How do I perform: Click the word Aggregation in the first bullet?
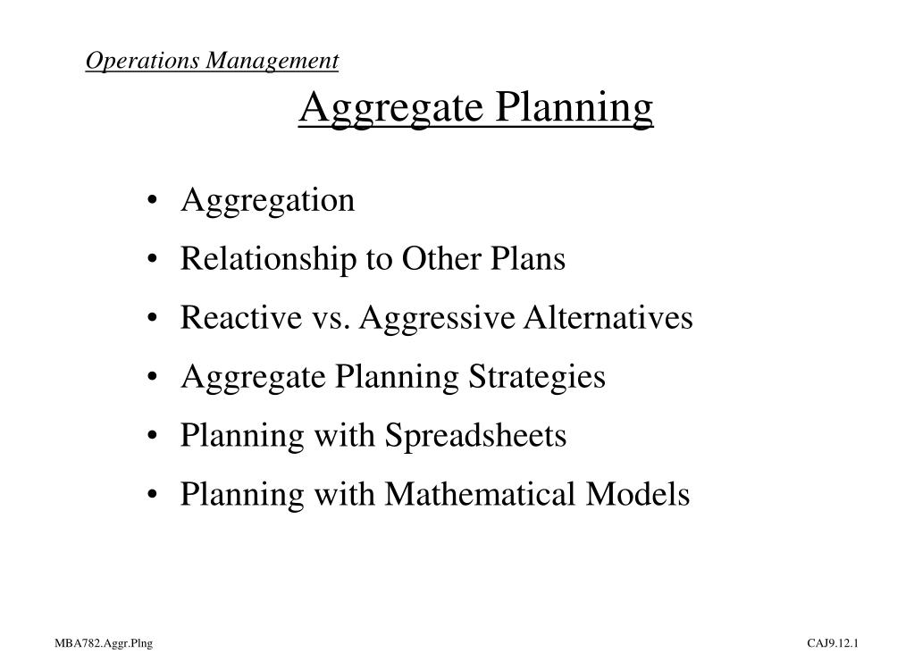click(267, 201)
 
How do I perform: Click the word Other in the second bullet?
click(431, 259)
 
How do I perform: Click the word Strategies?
click(537, 378)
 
